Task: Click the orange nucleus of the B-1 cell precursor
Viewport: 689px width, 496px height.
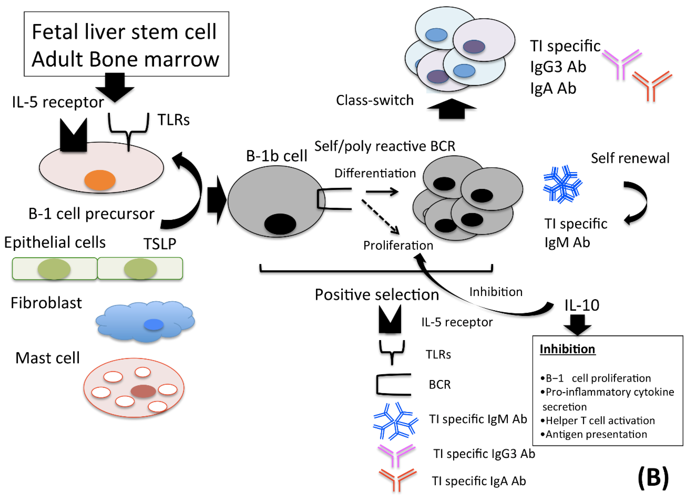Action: [x=100, y=180]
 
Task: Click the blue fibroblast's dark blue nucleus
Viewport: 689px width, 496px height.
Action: [x=154, y=325]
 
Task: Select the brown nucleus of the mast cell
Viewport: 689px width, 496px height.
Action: [x=143, y=391]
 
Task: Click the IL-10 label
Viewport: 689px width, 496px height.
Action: [x=581, y=305]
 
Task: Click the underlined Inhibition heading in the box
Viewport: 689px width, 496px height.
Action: [x=567, y=349]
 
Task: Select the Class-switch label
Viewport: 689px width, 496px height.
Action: [x=375, y=100]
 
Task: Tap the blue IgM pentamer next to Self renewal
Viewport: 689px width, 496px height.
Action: [x=562, y=184]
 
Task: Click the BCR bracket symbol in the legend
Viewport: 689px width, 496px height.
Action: [x=393, y=385]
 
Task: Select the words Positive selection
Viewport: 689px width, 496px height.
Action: [x=377, y=295]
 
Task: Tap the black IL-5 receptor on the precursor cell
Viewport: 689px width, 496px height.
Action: [x=73, y=136]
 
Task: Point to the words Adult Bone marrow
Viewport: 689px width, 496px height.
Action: [x=125, y=59]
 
